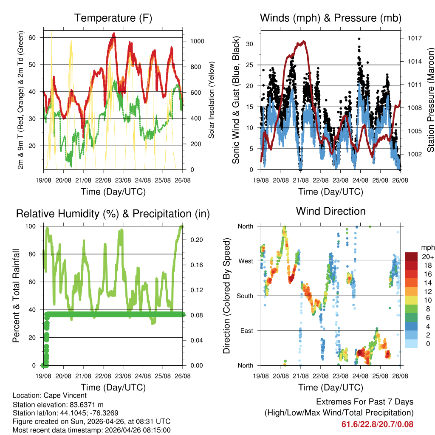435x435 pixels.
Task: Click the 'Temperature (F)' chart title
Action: point(113,18)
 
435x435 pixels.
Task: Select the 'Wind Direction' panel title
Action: point(330,211)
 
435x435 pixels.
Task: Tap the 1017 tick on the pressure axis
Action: point(414,38)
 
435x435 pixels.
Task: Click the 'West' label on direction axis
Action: point(245,261)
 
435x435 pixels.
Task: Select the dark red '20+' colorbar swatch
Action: point(411,257)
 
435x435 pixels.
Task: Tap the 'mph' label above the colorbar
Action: point(427,247)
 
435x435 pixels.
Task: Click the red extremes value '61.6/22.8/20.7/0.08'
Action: point(377,424)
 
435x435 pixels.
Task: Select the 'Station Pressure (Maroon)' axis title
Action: point(430,94)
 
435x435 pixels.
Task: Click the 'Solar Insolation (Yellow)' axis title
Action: point(212,100)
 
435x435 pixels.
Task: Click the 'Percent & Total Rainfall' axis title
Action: point(17,296)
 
